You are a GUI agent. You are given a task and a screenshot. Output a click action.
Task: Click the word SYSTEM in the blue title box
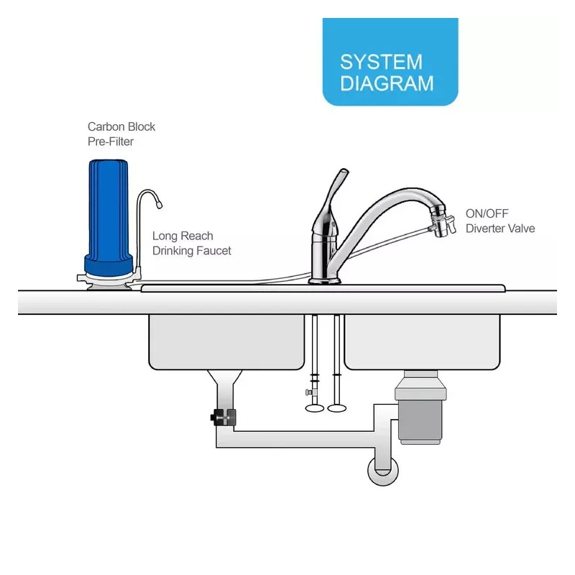[381, 61]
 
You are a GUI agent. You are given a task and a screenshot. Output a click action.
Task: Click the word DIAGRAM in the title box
[387, 83]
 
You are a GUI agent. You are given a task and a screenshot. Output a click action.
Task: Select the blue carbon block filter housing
[110, 208]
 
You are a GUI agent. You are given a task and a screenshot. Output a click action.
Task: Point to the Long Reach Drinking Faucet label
[191, 243]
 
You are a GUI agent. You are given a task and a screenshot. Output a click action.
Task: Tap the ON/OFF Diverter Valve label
[500, 221]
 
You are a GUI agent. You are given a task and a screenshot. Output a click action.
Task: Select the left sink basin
[226, 341]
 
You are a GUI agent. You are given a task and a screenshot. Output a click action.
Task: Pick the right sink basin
[422, 341]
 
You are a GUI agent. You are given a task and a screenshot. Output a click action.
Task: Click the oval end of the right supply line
[336, 409]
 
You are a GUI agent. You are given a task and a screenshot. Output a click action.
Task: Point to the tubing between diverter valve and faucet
[388, 244]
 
